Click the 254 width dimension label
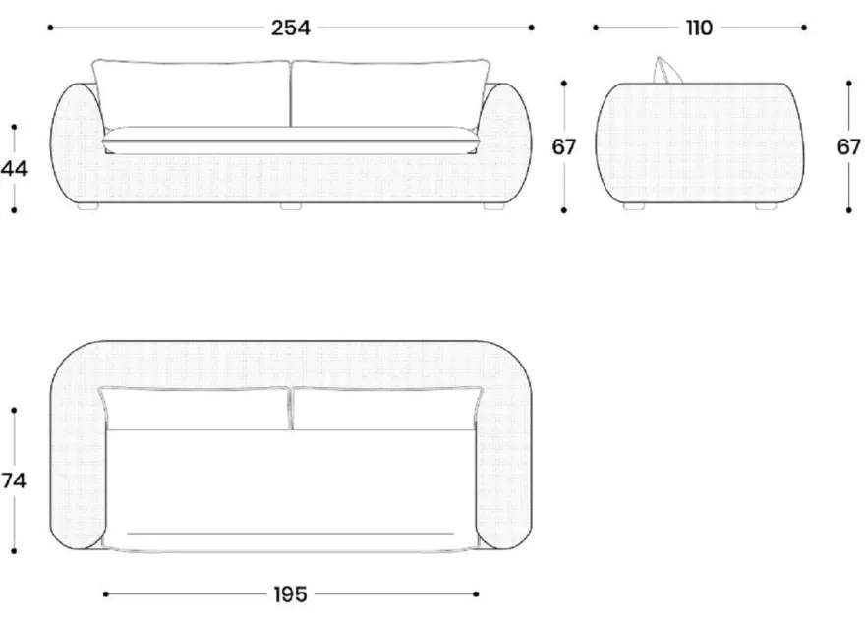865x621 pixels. coord(291,28)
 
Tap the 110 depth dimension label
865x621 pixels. coord(699,28)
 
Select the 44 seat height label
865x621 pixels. coord(14,168)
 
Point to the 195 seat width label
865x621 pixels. coord(290,594)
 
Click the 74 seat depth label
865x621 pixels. coord(14,480)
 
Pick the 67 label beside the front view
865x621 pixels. coord(564,146)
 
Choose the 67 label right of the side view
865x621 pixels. coord(849,146)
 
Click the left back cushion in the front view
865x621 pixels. coord(191,93)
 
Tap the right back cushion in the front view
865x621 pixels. coord(390,93)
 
